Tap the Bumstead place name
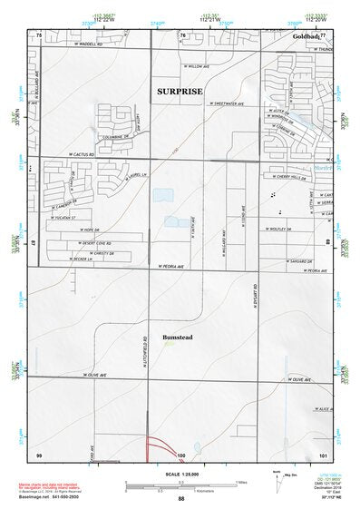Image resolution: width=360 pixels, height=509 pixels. (178, 338)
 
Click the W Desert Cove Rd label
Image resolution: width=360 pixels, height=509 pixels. (92, 244)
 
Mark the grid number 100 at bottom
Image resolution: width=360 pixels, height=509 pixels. (180, 454)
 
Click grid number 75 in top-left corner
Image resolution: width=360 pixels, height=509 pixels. (39, 34)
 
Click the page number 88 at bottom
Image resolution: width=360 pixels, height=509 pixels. (181, 499)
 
